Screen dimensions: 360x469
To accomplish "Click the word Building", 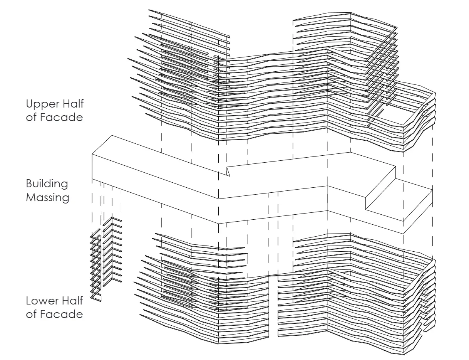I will pos(47,184).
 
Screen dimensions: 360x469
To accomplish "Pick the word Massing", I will pos(47,198).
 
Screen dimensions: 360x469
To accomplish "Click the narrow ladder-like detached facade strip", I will pos(96,266).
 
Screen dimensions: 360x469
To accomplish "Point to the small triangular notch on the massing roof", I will pos(228,171).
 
